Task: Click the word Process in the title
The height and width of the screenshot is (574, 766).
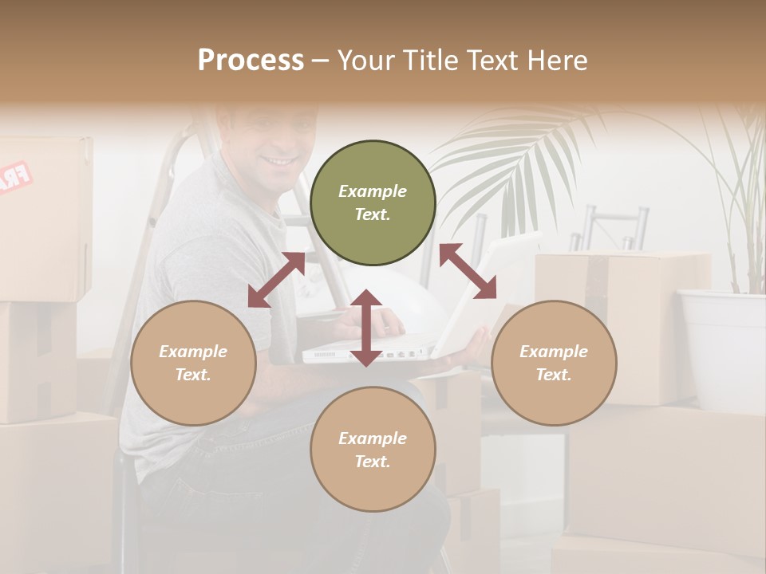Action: pyautogui.click(x=251, y=61)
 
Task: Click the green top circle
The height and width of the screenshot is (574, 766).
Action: pyautogui.click(x=373, y=203)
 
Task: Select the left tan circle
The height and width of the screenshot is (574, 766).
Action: pyautogui.click(x=193, y=363)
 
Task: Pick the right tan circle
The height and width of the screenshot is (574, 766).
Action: pyautogui.click(x=554, y=363)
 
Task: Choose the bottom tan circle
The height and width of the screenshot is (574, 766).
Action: pyautogui.click(x=373, y=449)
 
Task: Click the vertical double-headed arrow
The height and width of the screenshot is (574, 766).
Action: pyautogui.click(x=366, y=328)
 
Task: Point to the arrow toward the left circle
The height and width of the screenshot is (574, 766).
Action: pyautogui.click(x=276, y=280)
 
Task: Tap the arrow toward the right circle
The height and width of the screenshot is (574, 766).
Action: pyautogui.click(x=468, y=271)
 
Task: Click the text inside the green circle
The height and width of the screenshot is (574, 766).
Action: pyautogui.click(x=373, y=202)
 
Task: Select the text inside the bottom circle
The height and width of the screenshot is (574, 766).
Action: pyautogui.click(x=373, y=450)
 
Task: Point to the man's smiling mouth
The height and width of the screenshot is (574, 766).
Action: pyautogui.click(x=278, y=161)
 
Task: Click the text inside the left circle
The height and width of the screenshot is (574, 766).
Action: pyautogui.click(x=193, y=363)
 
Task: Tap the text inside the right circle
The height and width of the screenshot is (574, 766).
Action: pyautogui.click(x=554, y=363)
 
